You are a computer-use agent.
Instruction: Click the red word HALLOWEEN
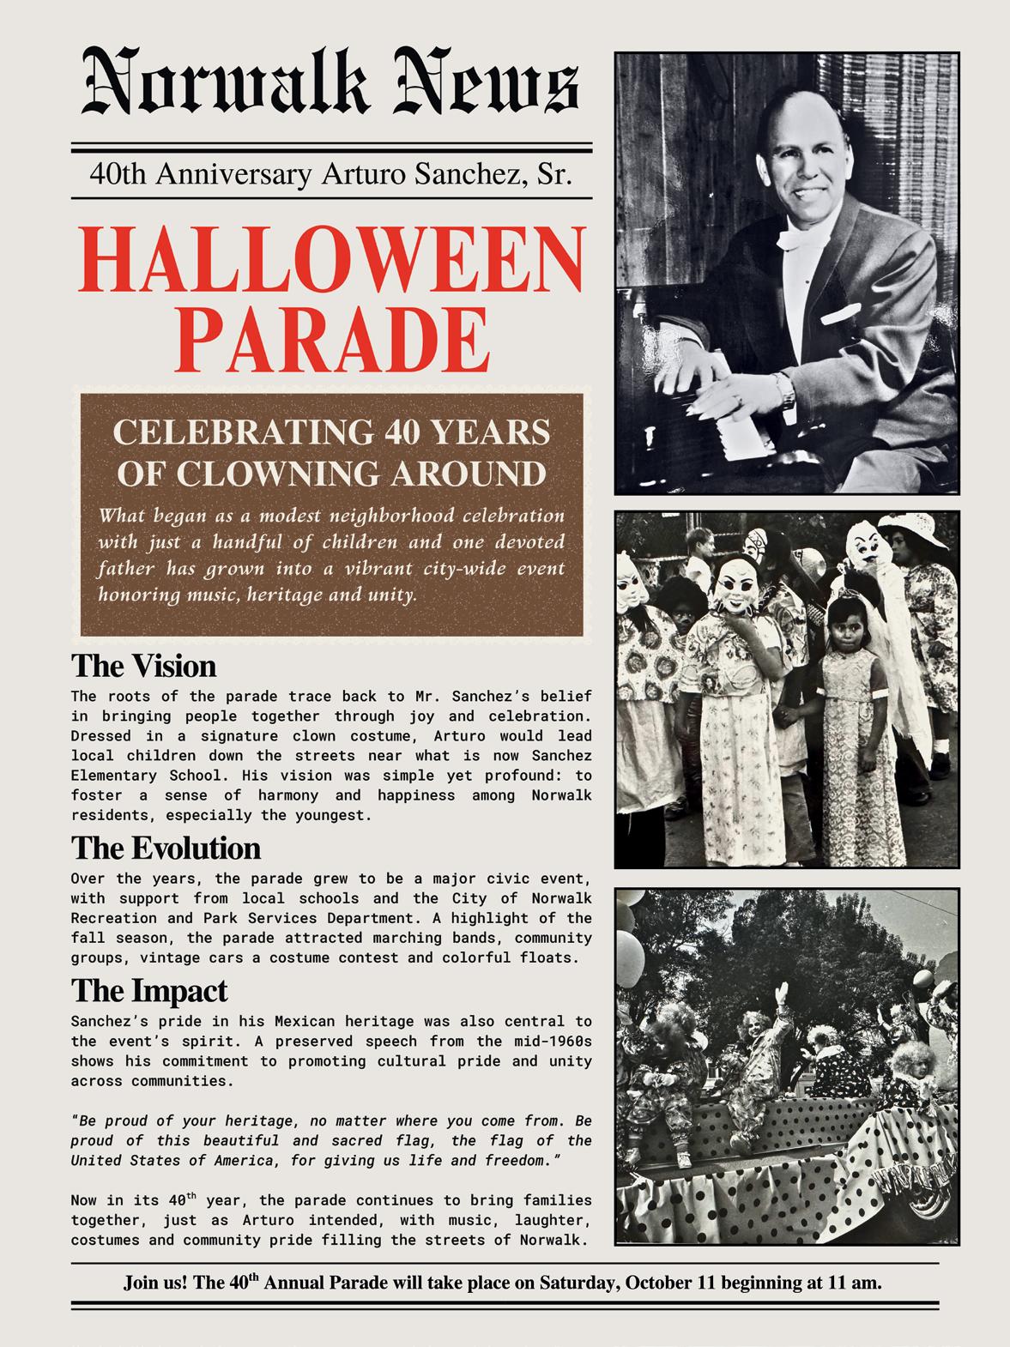click(x=336, y=259)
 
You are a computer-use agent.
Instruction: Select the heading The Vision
click(x=143, y=667)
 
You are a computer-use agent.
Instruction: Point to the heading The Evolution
click(x=166, y=849)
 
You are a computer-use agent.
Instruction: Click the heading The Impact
click(x=148, y=991)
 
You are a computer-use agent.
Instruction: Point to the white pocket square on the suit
click(x=840, y=315)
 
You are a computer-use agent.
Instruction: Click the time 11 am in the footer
click(x=856, y=1283)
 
